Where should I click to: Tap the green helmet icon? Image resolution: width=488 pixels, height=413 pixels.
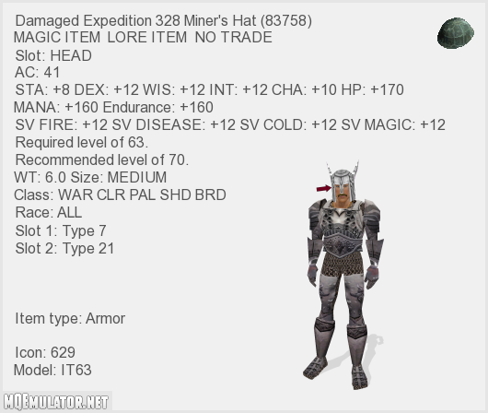pyautogui.click(x=456, y=33)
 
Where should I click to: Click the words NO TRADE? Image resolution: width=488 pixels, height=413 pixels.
pyautogui.click(x=234, y=38)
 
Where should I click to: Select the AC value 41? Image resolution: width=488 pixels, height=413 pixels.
pyautogui.click(x=52, y=72)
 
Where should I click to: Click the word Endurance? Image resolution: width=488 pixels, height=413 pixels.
pyautogui.click(x=136, y=107)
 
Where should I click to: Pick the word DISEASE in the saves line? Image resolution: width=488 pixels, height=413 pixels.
pyautogui.click(x=169, y=124)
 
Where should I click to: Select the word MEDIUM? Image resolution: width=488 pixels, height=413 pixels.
pyautogui.click(x=137, y=177)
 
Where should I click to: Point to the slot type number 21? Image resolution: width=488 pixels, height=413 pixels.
pyautogui.click(x=106, y=248)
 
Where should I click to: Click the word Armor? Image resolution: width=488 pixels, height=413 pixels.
pyautogui.click(x=105, y=319)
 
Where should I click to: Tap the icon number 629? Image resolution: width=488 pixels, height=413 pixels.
pyautogui.click(x=63, y=352)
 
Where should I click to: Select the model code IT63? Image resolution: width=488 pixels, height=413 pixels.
pyautogui.click(x=76, y=370)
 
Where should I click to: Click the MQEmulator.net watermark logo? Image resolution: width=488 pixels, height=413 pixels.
pyautogui.click(x=56, y=402)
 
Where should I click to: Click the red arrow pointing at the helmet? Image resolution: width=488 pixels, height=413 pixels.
pyautogui.click(x=324, y=188)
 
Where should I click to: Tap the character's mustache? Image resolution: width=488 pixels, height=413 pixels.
pyautogui.click(x=343, y=195)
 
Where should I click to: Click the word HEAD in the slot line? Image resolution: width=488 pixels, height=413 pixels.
pyautogui.click(x=71, y=56)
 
